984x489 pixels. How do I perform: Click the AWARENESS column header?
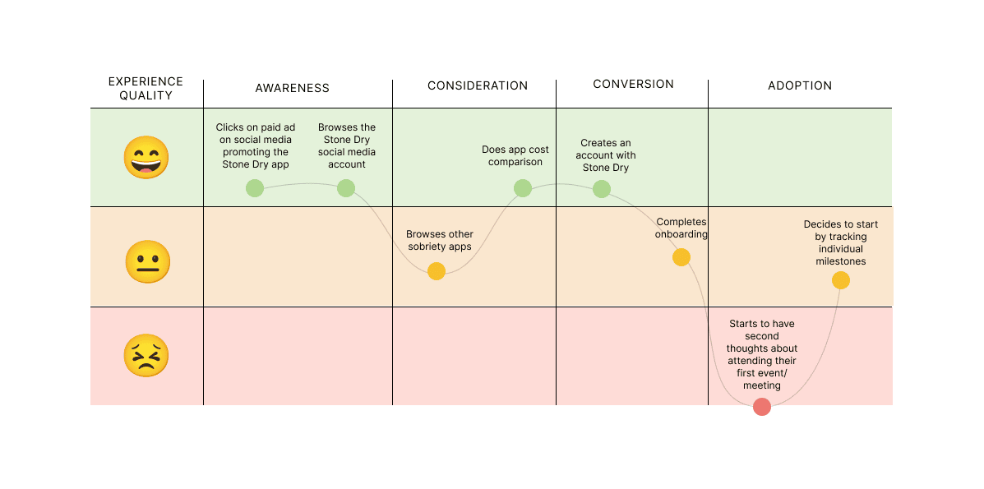[x=292, y=88]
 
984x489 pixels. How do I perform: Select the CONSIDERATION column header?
[x=478, y=85]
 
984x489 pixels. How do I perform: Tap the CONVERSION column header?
[x=633, y=84]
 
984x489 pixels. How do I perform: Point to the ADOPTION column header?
[x=800, y=85]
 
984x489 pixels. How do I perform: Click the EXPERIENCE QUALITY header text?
[x=146, y=89]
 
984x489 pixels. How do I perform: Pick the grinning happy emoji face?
[x=146, y=158]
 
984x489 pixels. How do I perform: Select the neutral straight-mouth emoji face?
[x=147, y=262]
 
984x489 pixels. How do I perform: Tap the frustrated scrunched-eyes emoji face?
[x=146, y=357]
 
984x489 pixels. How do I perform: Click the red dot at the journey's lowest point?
[x=762, y=407]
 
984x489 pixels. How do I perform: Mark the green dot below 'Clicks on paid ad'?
[x=255, y=188]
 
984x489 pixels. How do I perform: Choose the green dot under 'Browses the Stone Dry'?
[x=346, y=188]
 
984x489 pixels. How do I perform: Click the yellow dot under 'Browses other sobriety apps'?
[x=437, y=271]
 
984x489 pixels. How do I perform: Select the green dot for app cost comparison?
[x=523, y=188]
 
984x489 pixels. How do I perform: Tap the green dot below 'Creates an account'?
[x=602, y=189]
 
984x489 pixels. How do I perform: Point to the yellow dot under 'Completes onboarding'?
[x=681, y=257]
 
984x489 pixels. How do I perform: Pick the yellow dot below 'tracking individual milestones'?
[x=840, y=280]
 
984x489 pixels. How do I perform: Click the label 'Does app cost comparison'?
[x=515, y=156]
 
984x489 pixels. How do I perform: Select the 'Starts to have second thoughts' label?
[x=762, y=354]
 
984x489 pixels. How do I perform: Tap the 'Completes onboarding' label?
[x=681, y=228]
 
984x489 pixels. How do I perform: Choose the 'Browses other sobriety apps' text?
[x=440, y=240]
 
